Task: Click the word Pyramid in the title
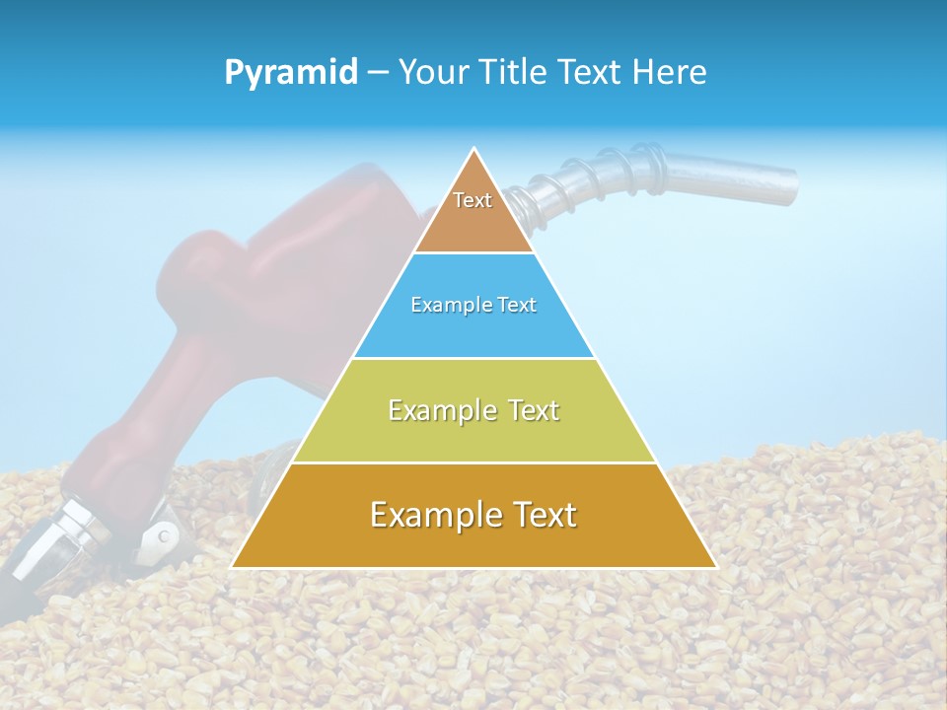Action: (x=291, y=73)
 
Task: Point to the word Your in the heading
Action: (x=430, y=73)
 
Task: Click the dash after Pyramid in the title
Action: (x=378, y=73)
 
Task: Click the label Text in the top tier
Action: (x=473, y=200)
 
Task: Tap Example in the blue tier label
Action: (x=442, y=305)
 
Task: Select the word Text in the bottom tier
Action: (x=540, y=515)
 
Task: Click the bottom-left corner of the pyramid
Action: (x=233, y=566)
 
